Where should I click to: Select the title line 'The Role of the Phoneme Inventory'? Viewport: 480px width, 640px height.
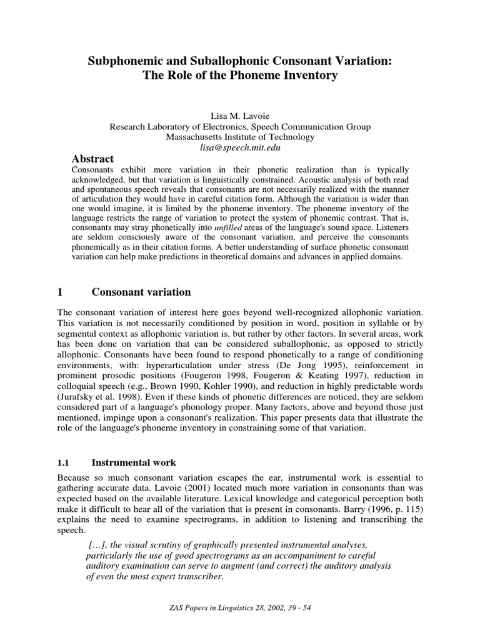click(240, 76)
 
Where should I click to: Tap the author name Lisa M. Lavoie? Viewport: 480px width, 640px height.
click(240, 116)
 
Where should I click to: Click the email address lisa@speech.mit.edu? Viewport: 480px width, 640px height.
click(240, 147)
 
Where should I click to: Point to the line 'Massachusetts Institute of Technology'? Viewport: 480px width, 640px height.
click(240, 137)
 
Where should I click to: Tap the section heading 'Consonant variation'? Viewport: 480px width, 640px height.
click(141, 292)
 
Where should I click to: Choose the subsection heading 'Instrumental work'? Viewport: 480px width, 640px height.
click(134, 463)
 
